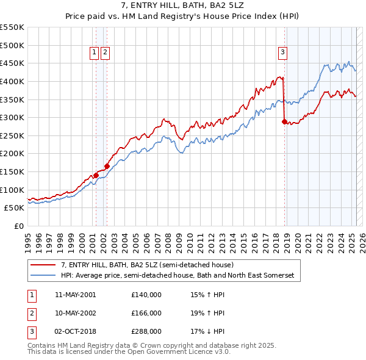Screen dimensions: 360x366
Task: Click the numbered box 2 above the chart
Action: (106, 53)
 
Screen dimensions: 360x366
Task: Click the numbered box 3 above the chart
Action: (283, 53)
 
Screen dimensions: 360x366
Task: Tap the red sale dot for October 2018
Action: (284, 122)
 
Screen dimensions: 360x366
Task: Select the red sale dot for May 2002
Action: (107, 165)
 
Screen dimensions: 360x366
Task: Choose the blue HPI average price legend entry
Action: (177, 276)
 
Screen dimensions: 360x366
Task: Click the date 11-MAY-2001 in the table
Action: (75, 295)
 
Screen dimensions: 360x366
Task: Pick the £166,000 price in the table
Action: (146, 313)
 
